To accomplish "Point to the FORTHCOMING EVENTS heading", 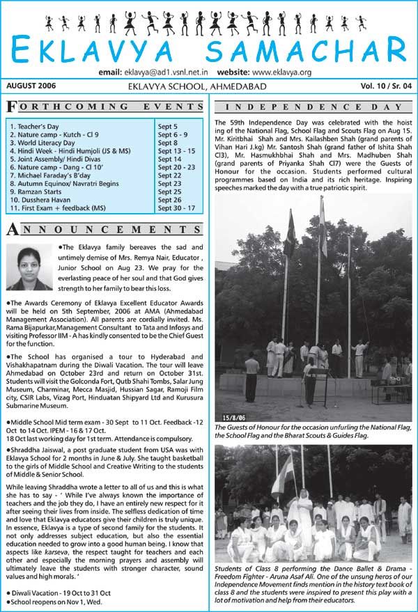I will pyautogui.click(x=104, y=107).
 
